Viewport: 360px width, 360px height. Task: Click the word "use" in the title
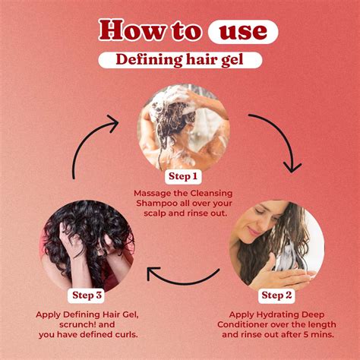coord(243,32)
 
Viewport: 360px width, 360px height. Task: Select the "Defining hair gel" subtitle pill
coord(180,60)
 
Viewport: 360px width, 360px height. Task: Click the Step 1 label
coord(183,176)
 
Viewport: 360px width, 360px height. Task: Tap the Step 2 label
coord(276,295)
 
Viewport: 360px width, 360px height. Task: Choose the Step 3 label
coord(87,295)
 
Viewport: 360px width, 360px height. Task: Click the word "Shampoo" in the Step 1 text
coord(153,204)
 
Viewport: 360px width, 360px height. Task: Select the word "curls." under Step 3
coord(127,335)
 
